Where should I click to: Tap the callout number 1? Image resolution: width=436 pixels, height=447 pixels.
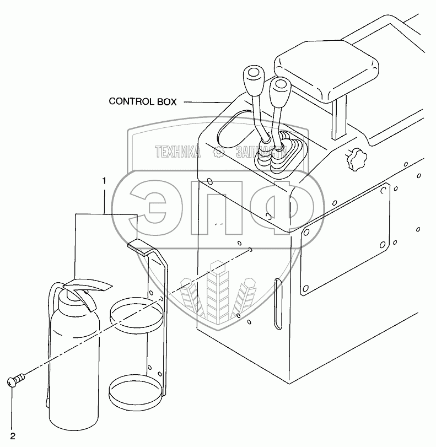tap(103, 180)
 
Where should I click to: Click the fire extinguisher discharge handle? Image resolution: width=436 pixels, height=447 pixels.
tap(88, 284)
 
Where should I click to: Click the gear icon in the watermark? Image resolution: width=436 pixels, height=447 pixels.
tap(219, 153)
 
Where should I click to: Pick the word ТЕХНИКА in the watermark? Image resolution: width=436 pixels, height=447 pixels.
tap(177, 152)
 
